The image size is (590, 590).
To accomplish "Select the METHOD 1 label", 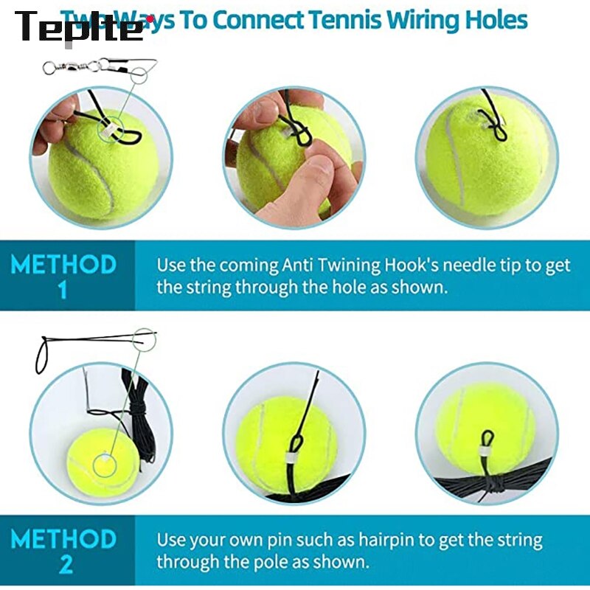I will pos(63,275).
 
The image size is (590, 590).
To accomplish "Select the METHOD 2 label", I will pos(63,550).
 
